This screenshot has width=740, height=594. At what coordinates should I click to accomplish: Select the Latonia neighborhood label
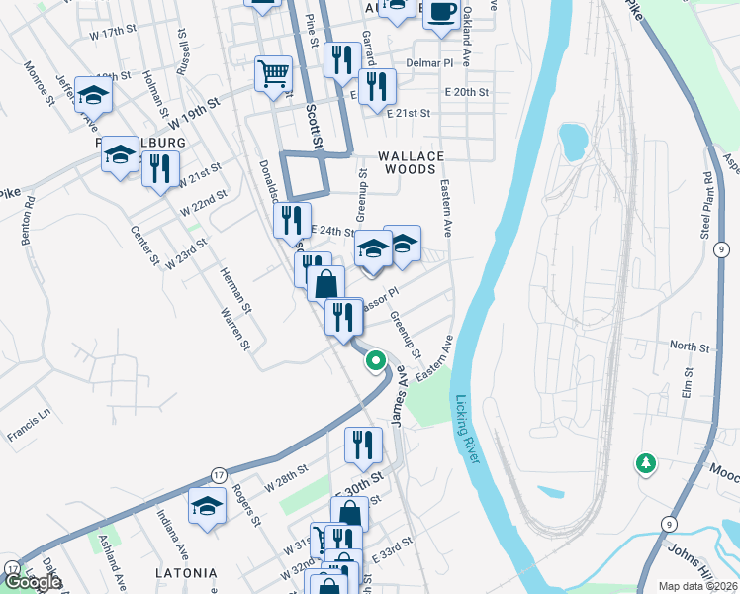click(x=186, y=573)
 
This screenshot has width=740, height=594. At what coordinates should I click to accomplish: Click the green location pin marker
click(x=375, y=361)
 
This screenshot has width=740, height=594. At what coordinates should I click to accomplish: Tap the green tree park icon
click(x=646, y=462)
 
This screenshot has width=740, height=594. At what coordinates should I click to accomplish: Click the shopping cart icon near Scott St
click(x=273, y=73)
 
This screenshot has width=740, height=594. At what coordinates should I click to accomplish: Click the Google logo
click(x=32, y=581)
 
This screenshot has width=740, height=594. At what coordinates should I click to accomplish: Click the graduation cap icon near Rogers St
click(x=208, y=507)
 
